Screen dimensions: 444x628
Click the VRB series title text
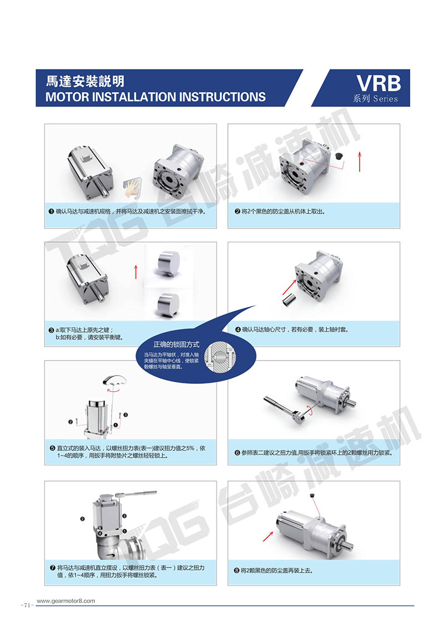(379, 83)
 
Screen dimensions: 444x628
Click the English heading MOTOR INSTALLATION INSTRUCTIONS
(155, 97)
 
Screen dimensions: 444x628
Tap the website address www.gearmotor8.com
(65, 601)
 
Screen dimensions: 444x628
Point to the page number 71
(27, 605)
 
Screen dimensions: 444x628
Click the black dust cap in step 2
(339, 155)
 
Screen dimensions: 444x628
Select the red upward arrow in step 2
(360, 161)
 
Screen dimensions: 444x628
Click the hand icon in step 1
(132, 188)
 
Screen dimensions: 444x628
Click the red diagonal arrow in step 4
(289, 287)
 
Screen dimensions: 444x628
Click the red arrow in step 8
(268, 536)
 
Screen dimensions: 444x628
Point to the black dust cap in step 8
(312, 496)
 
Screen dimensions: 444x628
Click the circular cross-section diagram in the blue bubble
(220, 355)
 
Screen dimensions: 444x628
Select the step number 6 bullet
(237, 453)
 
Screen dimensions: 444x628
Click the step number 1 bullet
(51, 211)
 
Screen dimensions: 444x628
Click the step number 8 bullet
(236, 570)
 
